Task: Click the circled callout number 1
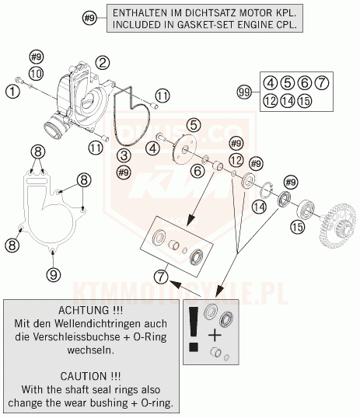(x=12, y=92)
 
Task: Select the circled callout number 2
(x=103, y=63)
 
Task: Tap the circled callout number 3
(x=124, y=155)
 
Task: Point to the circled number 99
(x=244, y=92)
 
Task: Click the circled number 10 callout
(x=36, y=73)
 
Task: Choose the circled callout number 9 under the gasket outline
(x=54, y=274)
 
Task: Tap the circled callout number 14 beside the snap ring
(x=260, y=207)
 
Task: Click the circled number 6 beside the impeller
(x=197, y=171)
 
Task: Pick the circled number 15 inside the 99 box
(x=305, y=101)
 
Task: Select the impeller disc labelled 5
(x=184, y=150)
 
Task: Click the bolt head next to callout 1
(x=19, y=79)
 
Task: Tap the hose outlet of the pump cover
(x=54, y=128)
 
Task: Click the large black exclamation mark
(x=194, y=329)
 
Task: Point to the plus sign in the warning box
(x=215, y=336)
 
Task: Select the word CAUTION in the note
(x=84, y=376)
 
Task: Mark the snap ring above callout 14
(x=267, y=190)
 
